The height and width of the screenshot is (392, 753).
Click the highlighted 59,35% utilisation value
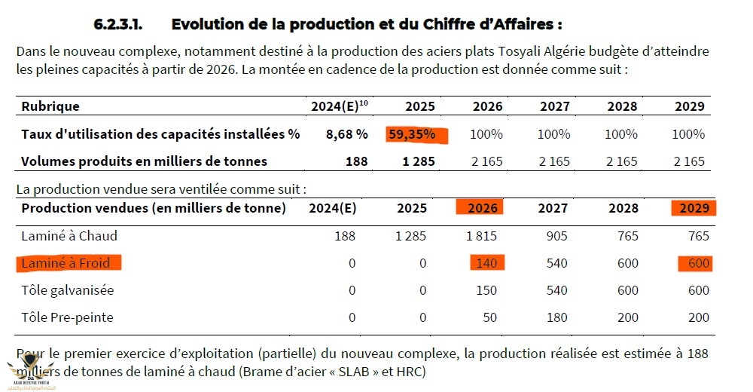tap(416, 135)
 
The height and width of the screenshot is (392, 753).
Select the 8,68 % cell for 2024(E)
tap(346, 135)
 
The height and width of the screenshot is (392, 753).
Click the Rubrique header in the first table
tap(50, 107)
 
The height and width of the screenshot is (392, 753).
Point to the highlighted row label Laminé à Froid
tap(67, 263)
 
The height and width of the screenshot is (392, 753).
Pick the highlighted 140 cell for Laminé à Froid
tap(488, 263)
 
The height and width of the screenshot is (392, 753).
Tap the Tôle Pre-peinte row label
tap(67, 317)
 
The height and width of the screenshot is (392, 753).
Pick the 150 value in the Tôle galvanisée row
tap(488, 290)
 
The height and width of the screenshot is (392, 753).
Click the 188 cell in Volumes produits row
tap(356, 161)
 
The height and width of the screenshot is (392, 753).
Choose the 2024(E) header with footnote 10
tap(339, 106)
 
